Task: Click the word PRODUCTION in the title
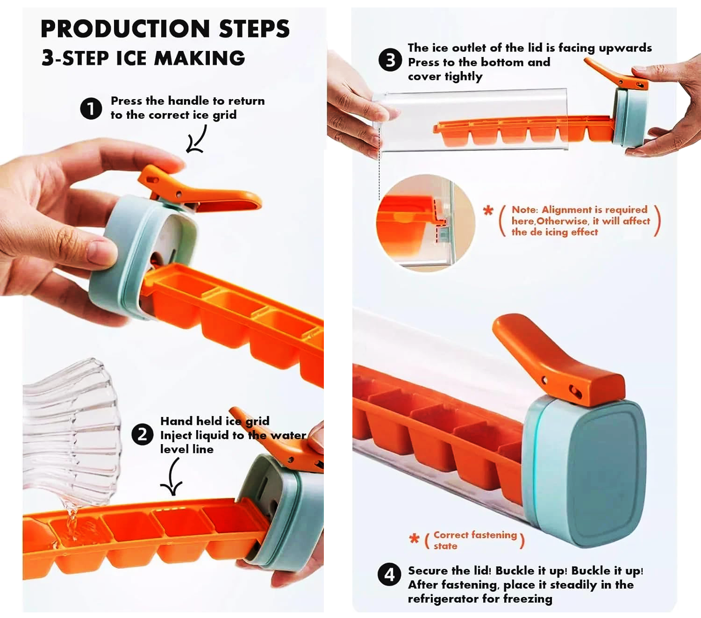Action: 125,29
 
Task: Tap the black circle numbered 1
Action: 91,108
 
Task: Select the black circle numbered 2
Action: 142,434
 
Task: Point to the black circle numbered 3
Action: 390,60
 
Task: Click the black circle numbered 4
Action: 389,575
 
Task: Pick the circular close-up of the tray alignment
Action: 426,223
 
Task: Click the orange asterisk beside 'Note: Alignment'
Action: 488,210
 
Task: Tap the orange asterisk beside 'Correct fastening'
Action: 414,538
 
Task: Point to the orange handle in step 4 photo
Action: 557,360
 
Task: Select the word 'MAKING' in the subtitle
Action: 200,58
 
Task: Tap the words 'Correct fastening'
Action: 475,535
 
